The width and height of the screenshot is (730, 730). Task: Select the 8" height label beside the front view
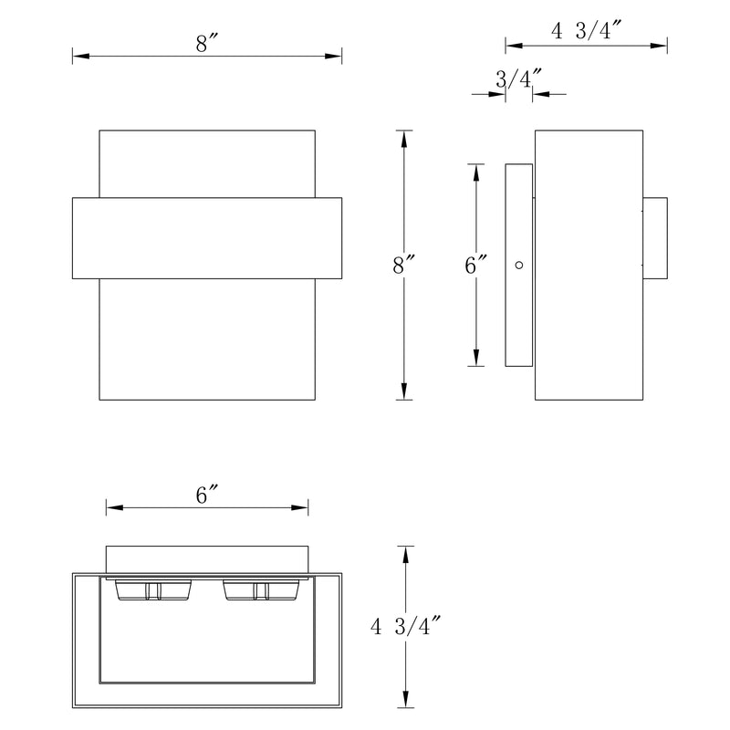coord(403,266)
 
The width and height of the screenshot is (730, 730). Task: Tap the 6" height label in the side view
coord(476,266)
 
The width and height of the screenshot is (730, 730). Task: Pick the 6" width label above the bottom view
coord(208,495)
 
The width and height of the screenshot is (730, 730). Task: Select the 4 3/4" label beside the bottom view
coord(406,627)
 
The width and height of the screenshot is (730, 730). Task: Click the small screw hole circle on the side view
coord(518,266)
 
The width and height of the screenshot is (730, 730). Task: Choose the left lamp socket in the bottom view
coord(151,591)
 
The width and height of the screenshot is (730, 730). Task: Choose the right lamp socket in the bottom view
coord(260,591)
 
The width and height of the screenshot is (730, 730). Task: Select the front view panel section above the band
coord(207,163)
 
